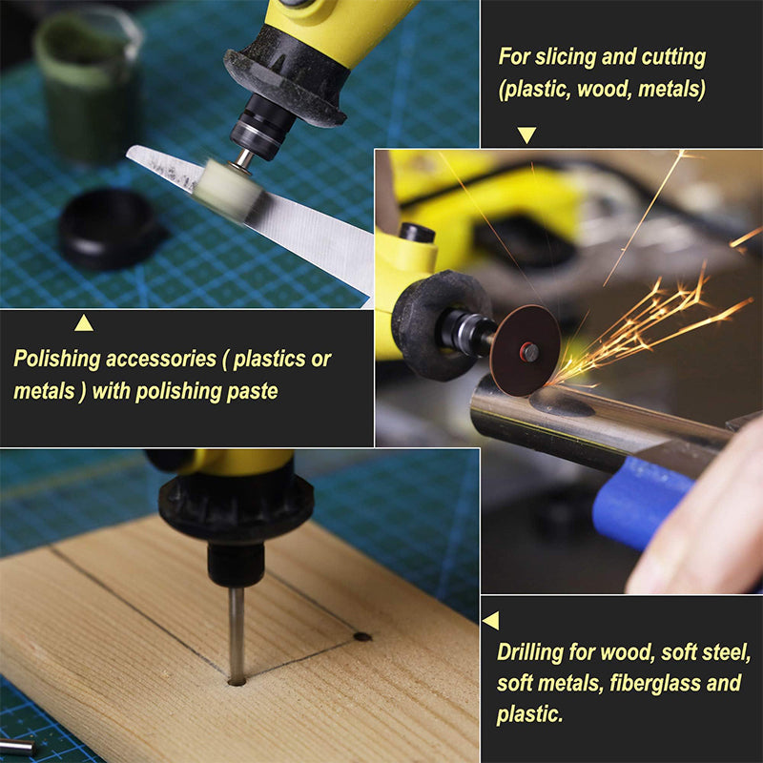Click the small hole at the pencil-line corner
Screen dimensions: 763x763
(x=362, y=636)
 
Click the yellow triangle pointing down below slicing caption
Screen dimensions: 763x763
(x=527, y=134)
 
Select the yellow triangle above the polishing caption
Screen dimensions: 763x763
(x=84, y=322)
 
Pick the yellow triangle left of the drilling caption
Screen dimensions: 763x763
(x=490, y=621)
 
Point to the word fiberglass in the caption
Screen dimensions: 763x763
(x=653, y=683)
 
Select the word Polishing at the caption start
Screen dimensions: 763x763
(x=57, y=360)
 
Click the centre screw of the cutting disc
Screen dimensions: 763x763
(x=527, y=351)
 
